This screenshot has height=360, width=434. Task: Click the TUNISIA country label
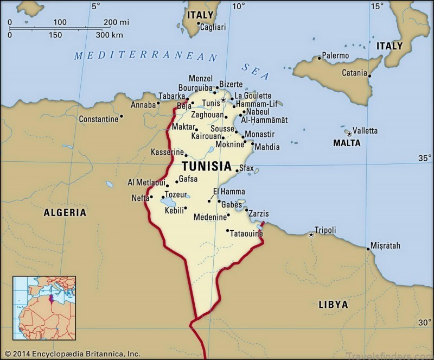click(206, 166)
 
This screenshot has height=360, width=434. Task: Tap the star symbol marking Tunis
click(223, 100)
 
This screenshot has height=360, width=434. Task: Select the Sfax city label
click(246, 169)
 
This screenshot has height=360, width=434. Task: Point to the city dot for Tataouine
click(228, 230)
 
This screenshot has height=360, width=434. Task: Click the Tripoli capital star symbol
click(311, 235)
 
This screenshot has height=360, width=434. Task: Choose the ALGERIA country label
click(65, 213)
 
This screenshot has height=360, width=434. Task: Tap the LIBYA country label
click(333, 305)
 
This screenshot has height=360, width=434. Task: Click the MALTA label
click(347, 143)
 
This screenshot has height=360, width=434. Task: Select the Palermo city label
click(335, 55)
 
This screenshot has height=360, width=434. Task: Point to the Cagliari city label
click(213, 27)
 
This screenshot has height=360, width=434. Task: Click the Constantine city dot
click(121, 116)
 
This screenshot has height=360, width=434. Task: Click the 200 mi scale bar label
click(117, 22)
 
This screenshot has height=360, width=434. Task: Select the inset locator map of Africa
click(44, 308)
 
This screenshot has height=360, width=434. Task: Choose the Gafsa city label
click(188, 179)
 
